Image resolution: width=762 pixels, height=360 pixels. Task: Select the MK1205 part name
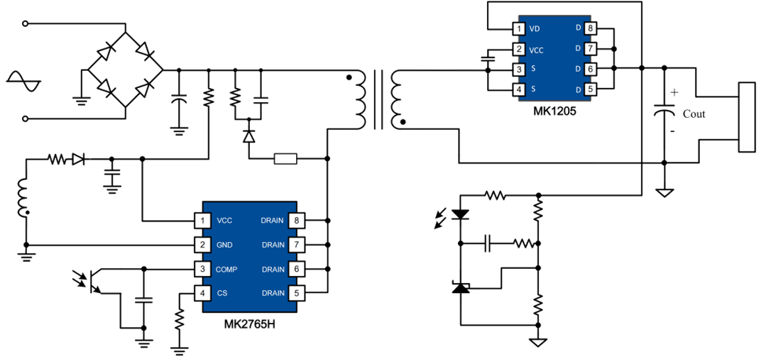(x=553, y=111)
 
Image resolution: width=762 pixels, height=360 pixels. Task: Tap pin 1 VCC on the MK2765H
(x=203, y=220)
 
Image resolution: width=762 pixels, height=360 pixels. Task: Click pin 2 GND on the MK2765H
(x=203, y=244)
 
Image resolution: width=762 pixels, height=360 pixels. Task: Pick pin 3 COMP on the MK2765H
(x=203, y=269)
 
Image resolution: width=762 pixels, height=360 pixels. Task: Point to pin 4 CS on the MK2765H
(x=203, y=293)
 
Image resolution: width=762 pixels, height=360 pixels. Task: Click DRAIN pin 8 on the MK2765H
(x=297, y=220)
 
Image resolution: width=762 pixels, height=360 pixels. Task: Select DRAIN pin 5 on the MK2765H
(x=297, y=293)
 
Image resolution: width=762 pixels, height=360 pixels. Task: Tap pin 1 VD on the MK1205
(x=518, y=29)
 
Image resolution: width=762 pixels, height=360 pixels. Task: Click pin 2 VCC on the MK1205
(x=518, y=50)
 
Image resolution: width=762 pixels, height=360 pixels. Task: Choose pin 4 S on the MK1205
(x=518, y=90)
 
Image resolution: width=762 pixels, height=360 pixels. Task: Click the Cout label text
(x=694, y=114)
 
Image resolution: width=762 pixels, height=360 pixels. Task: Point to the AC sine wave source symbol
(x=20, y=81)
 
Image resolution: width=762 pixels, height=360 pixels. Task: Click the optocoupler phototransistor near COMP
(x=92, y=281)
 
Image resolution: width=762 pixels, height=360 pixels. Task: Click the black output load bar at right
(x=744, y=117)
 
